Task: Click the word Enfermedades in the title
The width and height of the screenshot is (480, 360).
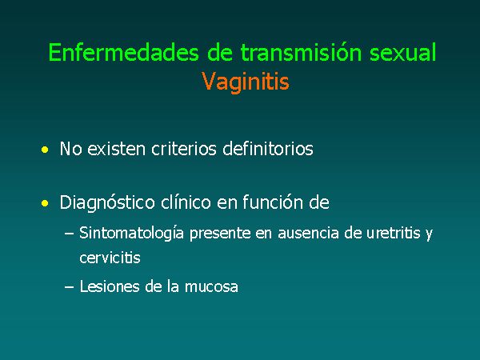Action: pyautogui.click(x=123, y=52)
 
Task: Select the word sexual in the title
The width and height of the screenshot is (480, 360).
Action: pyautogui.click(x=402, y=52)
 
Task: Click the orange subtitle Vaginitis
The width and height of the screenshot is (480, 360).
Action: pyautogui.click(x=246, y=82)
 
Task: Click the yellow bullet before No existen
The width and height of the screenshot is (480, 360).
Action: pyautogui.click(x=45, y=150)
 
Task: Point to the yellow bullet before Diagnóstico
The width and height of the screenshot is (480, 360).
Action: pyautogui.click(x=45, y=203)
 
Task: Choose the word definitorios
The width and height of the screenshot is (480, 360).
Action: pyautogui.click(x=268, y=149)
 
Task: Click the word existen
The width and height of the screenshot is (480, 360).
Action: pyautogui.click(x=116, y=149)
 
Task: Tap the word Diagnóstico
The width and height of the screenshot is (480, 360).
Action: pyautogui.click(x=107, y=203)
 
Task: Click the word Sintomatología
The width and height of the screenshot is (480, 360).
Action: pyautogui.click(x=132, y=234)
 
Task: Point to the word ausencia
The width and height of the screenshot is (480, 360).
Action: pyautogui.click(x=308, y=234)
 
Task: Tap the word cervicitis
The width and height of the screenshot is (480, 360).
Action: pyautogui.click(x=110, y=258)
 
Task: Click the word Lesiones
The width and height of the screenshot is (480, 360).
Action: pyautogui.click(x=110, y=287)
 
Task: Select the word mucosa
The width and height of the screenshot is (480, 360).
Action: pyautogui.click(x=211, y=287)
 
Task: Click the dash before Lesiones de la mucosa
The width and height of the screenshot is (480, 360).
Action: pyautogui.click(x=69, y=288)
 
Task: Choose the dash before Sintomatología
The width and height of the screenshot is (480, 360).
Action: pyautogui.click(x=69, y=234)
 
